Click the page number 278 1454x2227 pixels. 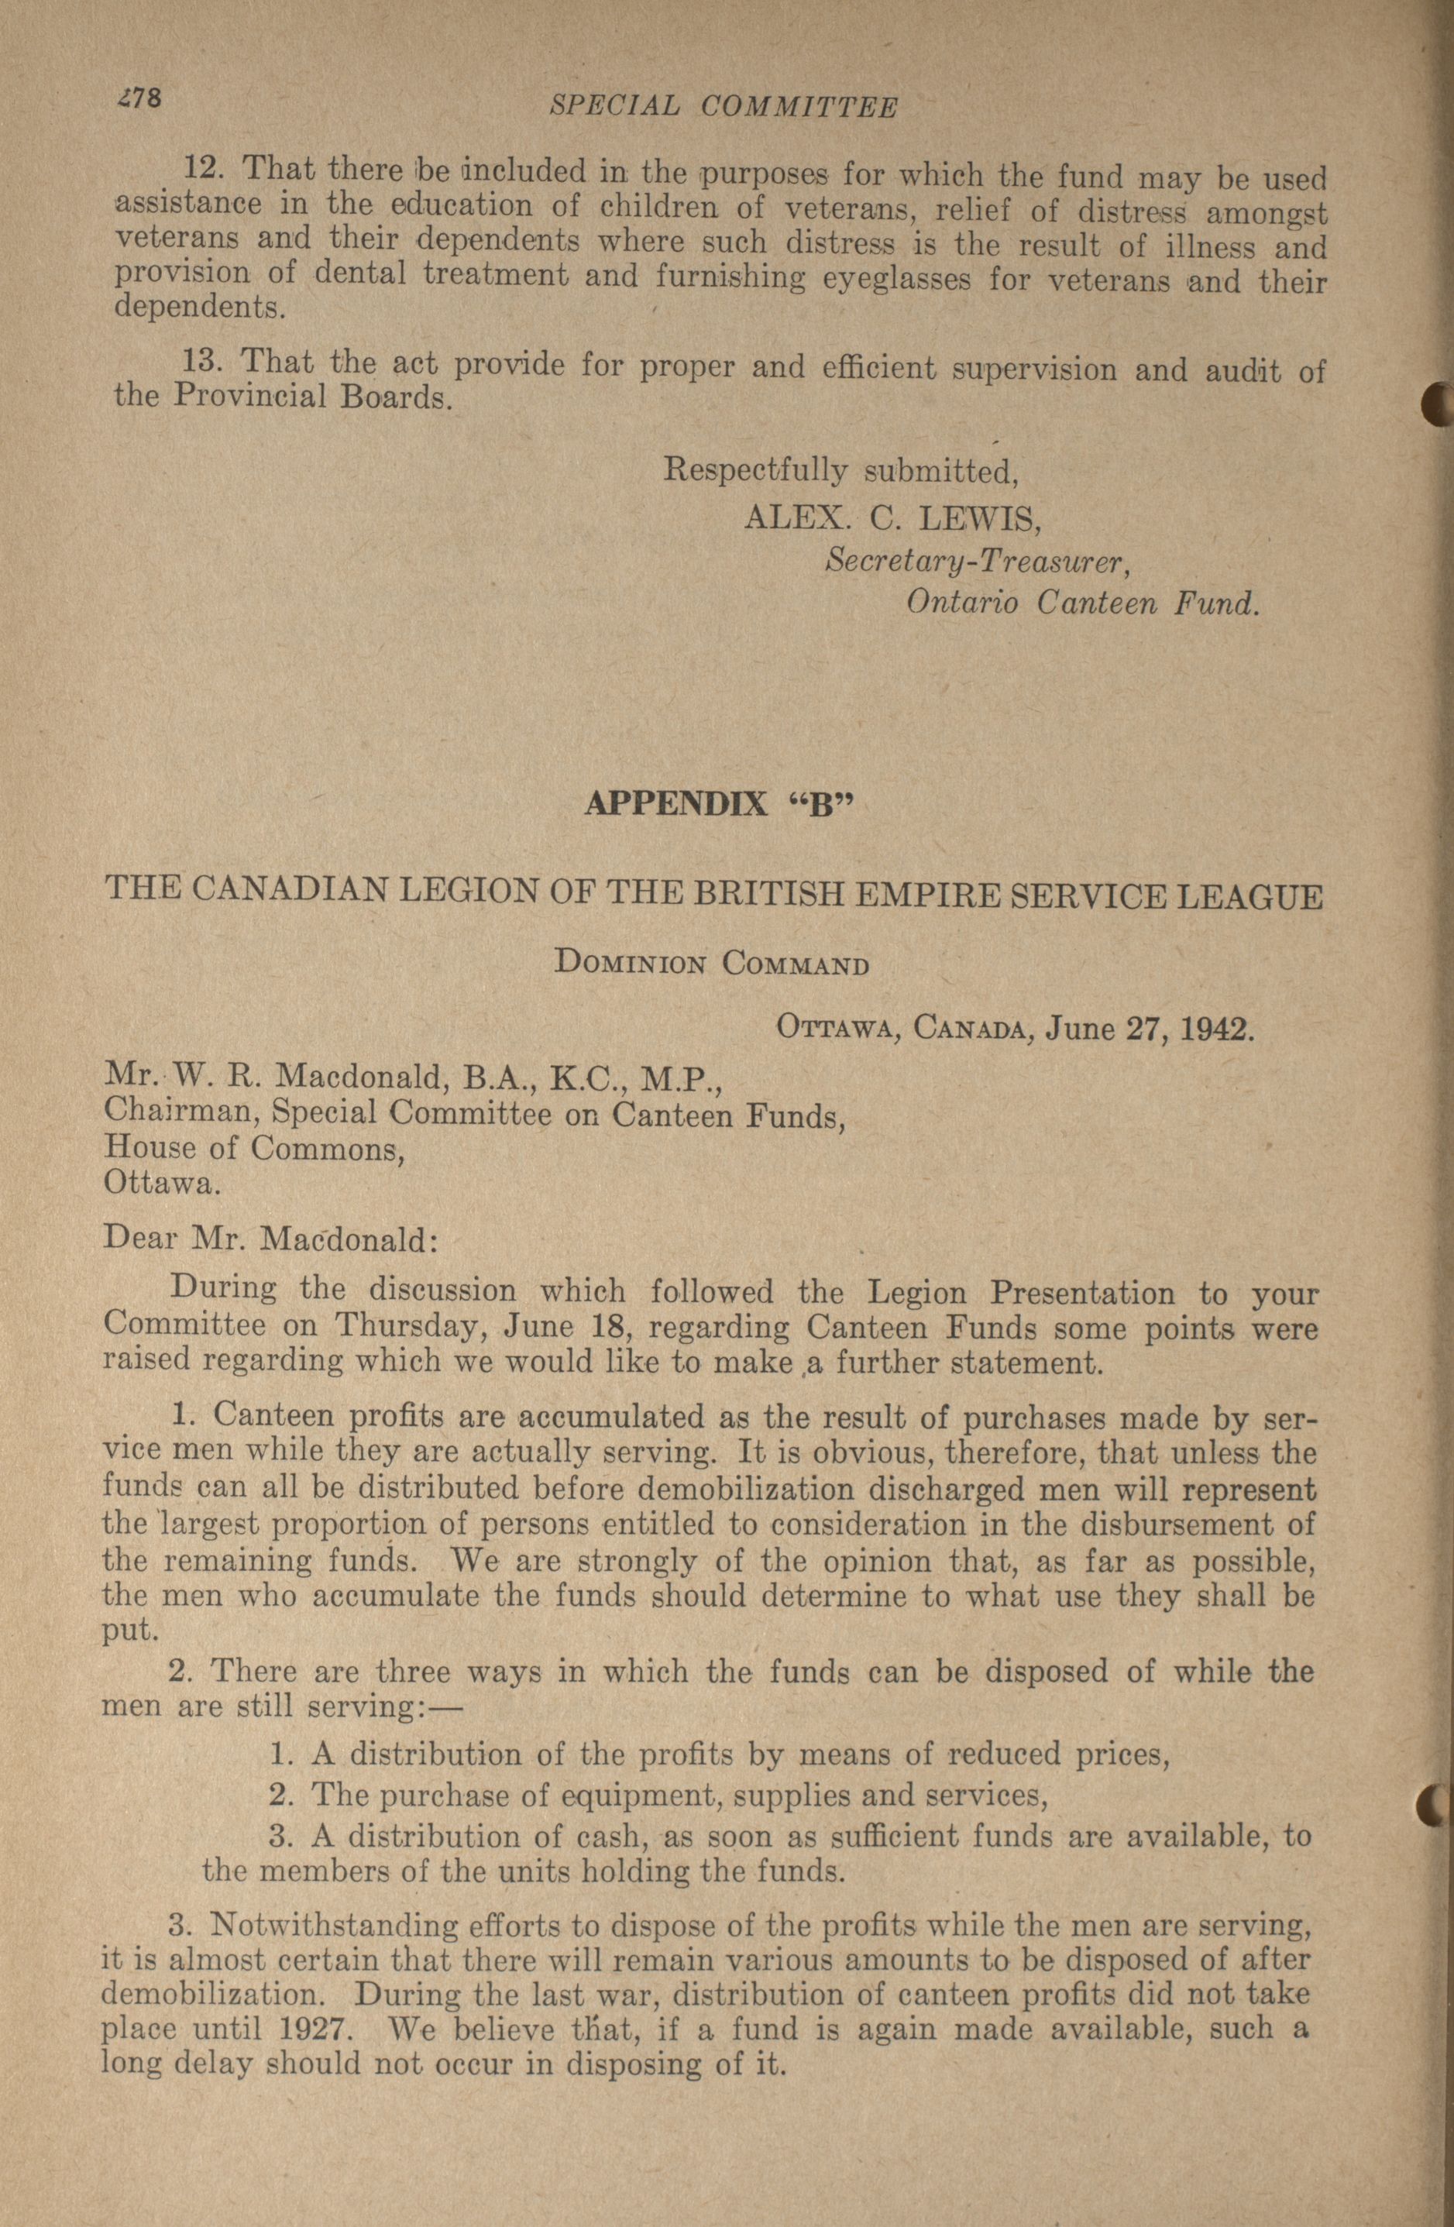pyautogui.click(x=139, y=98)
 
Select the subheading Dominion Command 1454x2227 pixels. pyautogui.click(x=711, y=963)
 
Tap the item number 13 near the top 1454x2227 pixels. pyautogui.click(x=204, y=361)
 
